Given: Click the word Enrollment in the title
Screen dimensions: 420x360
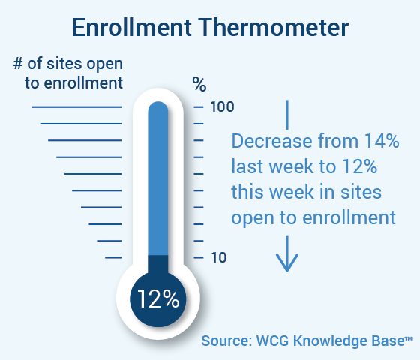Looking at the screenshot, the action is tap(132, 27).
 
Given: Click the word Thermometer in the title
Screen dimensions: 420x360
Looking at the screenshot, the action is tap(274, 27).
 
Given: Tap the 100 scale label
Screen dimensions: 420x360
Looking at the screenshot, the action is tap(222, 106).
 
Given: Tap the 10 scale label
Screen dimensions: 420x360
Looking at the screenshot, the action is tap(219, 257).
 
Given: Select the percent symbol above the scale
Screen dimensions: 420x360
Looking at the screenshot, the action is tap(199, 84).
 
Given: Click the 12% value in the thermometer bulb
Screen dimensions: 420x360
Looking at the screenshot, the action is tap(158, 298).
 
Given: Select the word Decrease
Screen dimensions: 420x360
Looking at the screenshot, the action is tap(271, 141).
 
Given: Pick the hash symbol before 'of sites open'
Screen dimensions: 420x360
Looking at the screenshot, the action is tap(18, 64).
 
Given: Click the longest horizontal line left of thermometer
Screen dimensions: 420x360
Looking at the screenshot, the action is tap(76, 106).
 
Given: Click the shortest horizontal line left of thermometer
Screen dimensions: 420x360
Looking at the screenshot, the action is tap(113, 257).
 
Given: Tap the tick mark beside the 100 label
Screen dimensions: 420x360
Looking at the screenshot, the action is tap(199, 106).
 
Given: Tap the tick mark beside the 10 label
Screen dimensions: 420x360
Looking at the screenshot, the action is tap(199, 257).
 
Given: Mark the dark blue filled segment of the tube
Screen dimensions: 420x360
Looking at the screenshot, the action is tap(158, 264).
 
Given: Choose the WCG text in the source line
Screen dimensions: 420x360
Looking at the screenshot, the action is tap(273, 340).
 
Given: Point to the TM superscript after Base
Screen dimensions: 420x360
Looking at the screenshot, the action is tap(409, 338).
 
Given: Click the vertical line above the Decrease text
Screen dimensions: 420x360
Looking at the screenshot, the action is tap(287, 115).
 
